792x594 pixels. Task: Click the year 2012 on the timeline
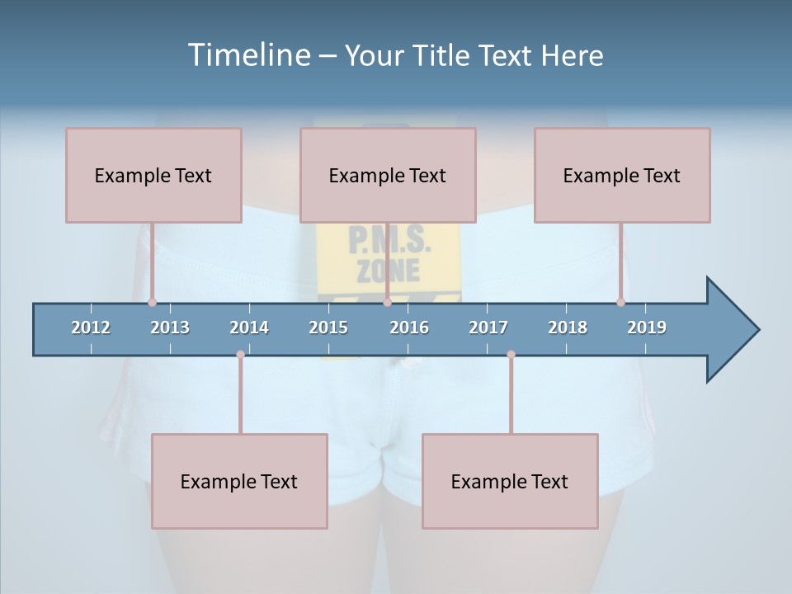coord(91,328)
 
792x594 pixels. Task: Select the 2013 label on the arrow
coord(170,328)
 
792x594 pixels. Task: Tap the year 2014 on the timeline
coord(249,328)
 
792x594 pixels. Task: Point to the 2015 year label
coord(328,328)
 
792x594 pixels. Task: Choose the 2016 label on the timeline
coord(409,328)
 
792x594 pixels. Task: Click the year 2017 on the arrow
coord(488,328)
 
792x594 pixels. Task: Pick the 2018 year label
coord(568,328)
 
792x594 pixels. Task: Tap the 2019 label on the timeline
coord(647,328)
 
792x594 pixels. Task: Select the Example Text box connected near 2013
coord(153,175)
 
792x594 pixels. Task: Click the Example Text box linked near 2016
coord(388,175)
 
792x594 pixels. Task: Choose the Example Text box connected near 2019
coord(622,175)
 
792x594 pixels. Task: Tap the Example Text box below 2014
coord(239,481)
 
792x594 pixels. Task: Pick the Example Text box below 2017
coord(510,481)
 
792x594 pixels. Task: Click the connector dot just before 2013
coord(152,302)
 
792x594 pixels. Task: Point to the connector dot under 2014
coord(240,354)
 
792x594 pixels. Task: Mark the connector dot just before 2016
coord(387,302)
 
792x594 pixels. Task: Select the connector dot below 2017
coord(511,354)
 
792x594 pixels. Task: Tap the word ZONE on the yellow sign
coord(389,270)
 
